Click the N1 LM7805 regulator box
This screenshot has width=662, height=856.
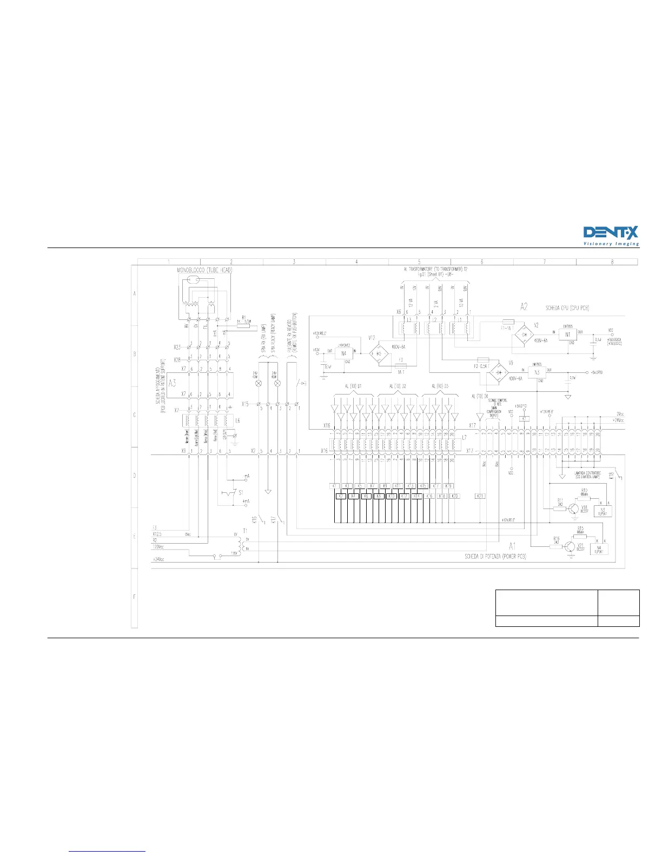pos(568,335)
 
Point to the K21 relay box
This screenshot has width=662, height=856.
pos(480,496)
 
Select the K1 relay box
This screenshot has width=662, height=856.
pos(335,486)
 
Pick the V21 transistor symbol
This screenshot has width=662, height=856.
pos(570,547)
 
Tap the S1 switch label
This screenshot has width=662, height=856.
pos(241,492)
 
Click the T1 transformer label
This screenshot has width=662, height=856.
pos(245,531)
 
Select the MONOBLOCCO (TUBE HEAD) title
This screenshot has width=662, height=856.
pos(205,270)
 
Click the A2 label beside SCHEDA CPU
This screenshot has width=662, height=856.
pos(524,307)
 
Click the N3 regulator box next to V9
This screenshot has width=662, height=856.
pos(537,372)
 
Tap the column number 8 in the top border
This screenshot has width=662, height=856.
pos(612,262)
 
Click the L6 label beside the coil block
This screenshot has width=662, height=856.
pos(237,420)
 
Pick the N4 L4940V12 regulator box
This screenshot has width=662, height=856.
pos(344,354)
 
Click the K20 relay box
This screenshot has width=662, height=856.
pos(455,496)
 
